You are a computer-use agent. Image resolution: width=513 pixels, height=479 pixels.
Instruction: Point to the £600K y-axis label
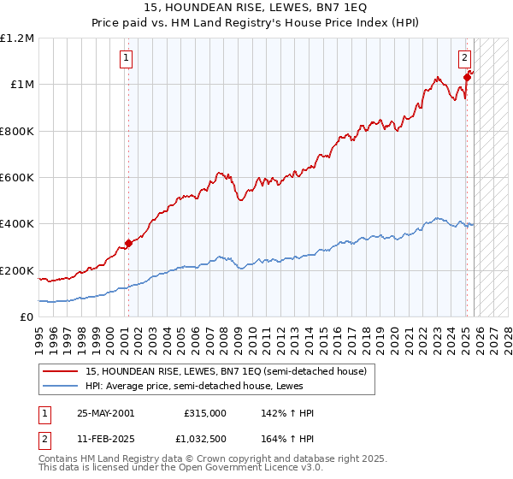coord(17,178)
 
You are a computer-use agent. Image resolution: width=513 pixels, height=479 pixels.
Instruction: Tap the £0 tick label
coord(27,317)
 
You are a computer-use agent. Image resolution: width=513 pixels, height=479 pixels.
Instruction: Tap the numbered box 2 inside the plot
coord(463,58)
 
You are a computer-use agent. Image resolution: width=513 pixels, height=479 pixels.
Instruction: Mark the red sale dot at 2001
coord(128,243)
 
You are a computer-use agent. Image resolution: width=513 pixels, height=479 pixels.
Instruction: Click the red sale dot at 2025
coord(467,77)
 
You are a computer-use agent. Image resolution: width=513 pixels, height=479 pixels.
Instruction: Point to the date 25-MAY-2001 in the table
coord(105,413)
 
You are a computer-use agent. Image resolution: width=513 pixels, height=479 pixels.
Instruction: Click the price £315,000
coord(205,413)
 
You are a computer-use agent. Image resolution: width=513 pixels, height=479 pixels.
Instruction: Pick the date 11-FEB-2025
coord(105,439)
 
